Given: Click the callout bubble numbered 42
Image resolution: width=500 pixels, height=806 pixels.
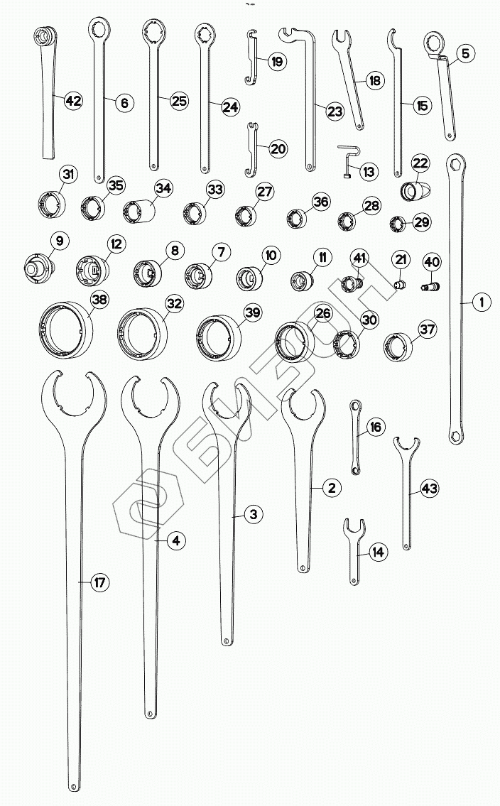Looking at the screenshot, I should point(73,101).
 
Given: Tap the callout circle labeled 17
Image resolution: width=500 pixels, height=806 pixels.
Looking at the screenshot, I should point(99,583).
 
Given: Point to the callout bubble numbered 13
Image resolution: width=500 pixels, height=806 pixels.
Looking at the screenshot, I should point(369,171).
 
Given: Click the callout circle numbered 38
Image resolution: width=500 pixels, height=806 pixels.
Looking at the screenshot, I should point(99,300).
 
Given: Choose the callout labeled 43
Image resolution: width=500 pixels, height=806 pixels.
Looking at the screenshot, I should point(429,488).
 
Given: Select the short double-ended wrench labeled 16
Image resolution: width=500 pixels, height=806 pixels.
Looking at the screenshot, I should point(356,437).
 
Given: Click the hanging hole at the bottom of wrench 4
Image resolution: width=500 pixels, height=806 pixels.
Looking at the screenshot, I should point(150,713).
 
